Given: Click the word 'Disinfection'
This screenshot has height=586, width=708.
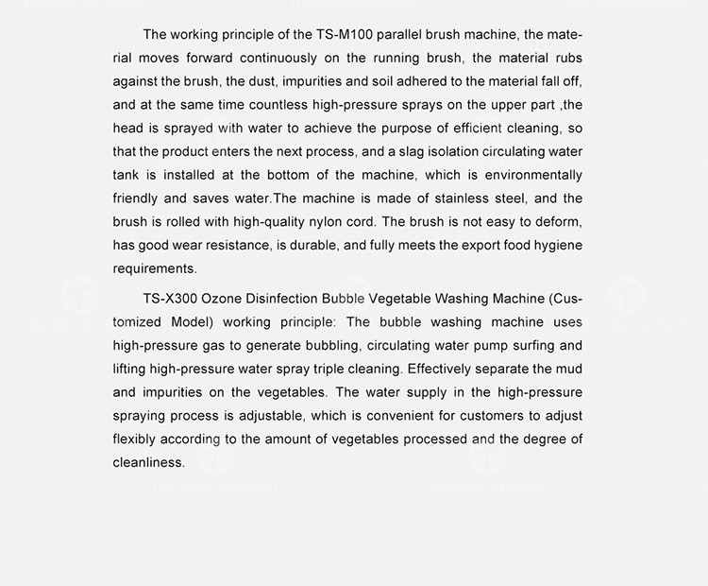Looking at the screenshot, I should [x=287, y=299].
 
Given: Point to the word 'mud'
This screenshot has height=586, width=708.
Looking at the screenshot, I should [x=569, y=369].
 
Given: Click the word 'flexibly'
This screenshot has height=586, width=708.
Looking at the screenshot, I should [x=134, y=439].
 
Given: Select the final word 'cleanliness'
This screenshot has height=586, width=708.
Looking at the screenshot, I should [x=147, y=462].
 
